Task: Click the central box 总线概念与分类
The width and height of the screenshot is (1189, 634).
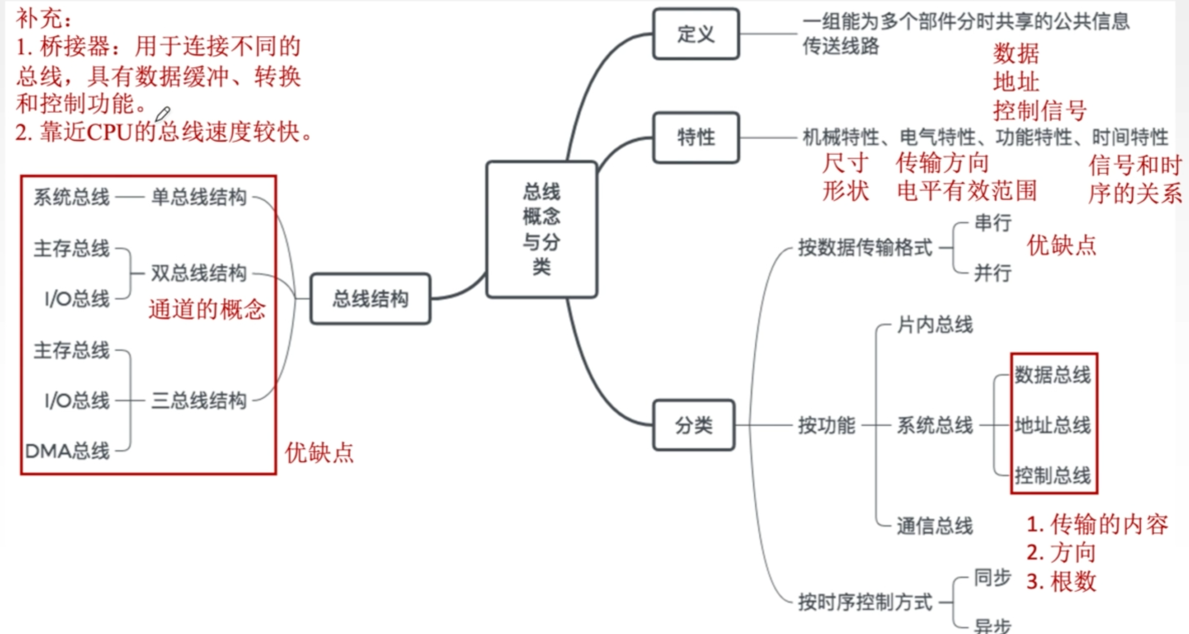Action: tap(541, 229)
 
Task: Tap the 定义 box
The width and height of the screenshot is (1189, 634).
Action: tap(695, 34)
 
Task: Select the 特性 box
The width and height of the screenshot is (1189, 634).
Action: tap(695, 137)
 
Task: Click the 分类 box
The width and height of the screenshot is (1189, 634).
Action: tap(693, 425)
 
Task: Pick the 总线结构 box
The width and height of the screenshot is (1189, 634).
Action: tap(371, 299)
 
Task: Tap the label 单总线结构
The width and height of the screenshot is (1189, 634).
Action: tap(199, 197)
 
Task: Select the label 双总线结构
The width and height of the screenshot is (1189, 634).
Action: tap(199, 273)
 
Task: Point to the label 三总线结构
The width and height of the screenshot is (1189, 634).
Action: tap(199, 400)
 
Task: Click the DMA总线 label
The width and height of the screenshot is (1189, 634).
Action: tap(67, 451)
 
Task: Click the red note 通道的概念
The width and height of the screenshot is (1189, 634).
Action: tap(207, 309)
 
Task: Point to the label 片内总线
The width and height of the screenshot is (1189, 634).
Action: tap(934, 325)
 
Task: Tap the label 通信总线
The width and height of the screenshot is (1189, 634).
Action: tap(934, 526)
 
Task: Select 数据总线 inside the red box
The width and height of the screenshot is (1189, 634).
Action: tap(1052, 375)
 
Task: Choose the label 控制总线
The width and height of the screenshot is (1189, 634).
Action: tap(1052, 475)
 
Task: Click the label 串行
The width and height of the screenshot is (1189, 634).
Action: tap(992, 223)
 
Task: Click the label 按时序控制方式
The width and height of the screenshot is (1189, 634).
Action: tap(865, 602)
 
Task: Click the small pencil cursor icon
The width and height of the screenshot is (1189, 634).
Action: tap(162, 114)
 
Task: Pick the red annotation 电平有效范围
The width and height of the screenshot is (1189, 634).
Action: tap(967, 191)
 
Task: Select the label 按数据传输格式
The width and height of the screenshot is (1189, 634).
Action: tap(865, 248)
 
